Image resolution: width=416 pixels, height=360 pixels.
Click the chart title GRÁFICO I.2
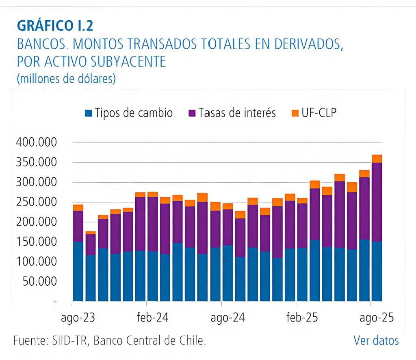click(55, 26)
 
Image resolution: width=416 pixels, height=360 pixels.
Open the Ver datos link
click(376, 340)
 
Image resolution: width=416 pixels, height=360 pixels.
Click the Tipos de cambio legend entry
click(133, 113)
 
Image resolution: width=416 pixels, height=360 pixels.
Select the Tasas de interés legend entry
click(237, 113)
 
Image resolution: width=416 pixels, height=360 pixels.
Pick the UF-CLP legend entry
click(319, 113)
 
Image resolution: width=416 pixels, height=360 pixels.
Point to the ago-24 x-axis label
click(227, 318)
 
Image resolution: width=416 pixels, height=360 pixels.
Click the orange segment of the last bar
click(377, 158)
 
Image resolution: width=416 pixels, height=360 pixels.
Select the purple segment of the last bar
click(377, 202)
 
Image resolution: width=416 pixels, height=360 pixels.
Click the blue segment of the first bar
click(78, 271)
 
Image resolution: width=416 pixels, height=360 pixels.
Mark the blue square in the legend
click(89, 113)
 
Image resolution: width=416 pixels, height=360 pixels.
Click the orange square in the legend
click(295, 113)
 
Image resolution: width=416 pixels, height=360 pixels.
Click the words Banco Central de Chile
click(149, 340)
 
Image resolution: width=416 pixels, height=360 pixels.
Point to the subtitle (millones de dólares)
click(66, 78)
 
